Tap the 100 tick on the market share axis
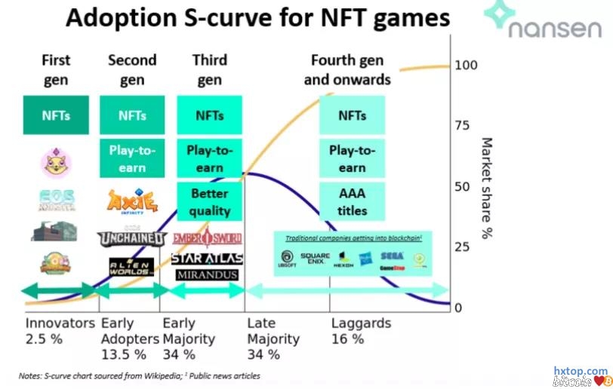click(467, 66)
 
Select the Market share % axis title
click(487, 188)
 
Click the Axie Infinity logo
click(132, 202)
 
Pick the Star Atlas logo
click(207, 258)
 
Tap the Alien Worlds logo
click(131, 265)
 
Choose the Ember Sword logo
click(207, 239)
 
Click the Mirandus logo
click(207, 275)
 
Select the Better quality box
click(209, 202)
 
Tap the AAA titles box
click(352, 202)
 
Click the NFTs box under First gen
click(56, 115)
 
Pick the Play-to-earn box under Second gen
click(132, 158)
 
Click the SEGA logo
click(391, 257)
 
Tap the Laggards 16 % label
click(361, 331)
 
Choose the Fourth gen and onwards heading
click(347, 69)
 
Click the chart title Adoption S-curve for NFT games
click(257, 18)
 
